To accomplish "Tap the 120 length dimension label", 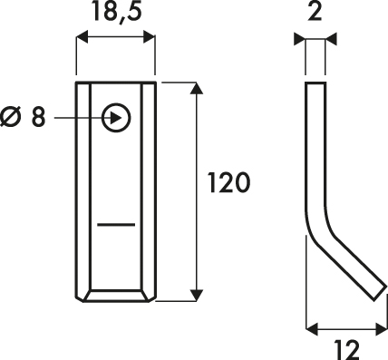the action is [x=229, y=182].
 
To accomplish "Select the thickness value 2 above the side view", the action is [x=315, y=11].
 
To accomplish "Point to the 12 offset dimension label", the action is [x=347, y=350].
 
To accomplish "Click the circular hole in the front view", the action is [x=116, y=118].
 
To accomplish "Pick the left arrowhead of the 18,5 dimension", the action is [x=82, y=36].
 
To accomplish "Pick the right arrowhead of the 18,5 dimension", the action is [x=149, y=36].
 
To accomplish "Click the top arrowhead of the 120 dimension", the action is [x=197, y=88].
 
